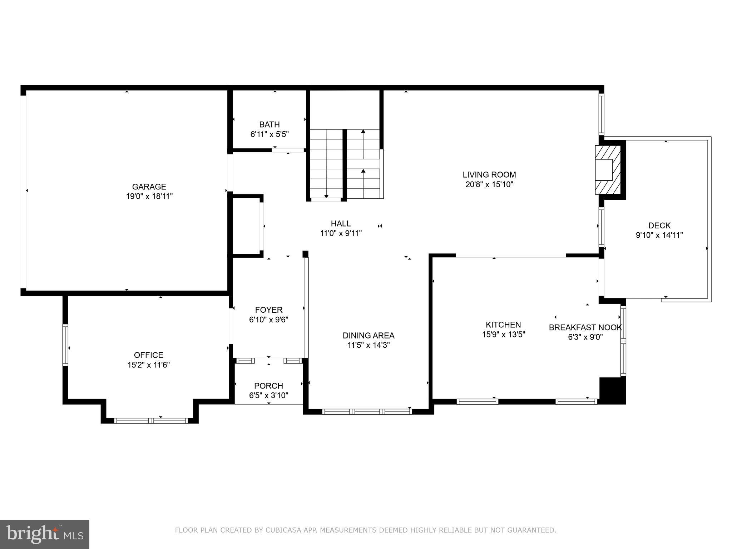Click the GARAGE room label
[x=149, y=187]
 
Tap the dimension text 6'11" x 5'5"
[x=269, y=134]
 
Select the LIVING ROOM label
[x=489, y=175]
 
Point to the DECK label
[x=659, y=226]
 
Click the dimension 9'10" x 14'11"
[x=659, y=235]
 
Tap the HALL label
[x=341, y=224]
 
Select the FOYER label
[x=269, y=310]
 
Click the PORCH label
[x=268, y=386]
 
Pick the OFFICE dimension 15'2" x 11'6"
[x=148, y=365]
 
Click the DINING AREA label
[x=369, y=336]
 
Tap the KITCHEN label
[x=503, y=325]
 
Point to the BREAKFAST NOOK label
[x=585, y=327]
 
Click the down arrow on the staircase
[x=326, y=196]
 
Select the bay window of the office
[x=151, y=421]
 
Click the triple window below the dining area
[x=367, y=412]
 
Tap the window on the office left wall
[x=65, y=345]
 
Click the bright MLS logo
[x=45, y=534]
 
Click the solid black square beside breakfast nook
[x=612, y=390]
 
